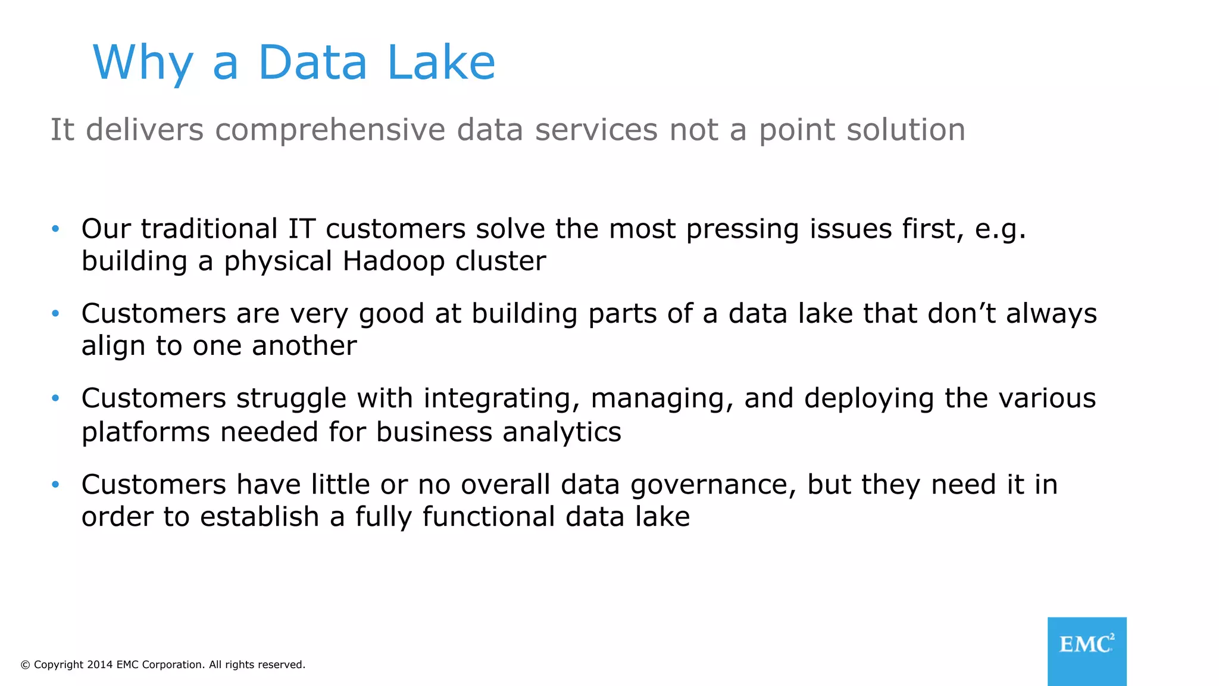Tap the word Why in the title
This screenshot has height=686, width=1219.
point(143,63)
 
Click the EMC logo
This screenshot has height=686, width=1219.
point(1087,650)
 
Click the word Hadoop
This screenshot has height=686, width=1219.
point(393,261)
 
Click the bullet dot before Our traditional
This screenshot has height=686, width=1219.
point(55,229)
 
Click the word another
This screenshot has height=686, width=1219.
point(304,346)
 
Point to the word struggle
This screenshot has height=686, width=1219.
point(291,399)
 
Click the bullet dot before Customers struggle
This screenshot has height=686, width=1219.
point(55,398)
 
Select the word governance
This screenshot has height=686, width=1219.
point(713,485)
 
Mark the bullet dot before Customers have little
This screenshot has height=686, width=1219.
point(55,484)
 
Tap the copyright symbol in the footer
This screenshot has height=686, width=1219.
point(25,665)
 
